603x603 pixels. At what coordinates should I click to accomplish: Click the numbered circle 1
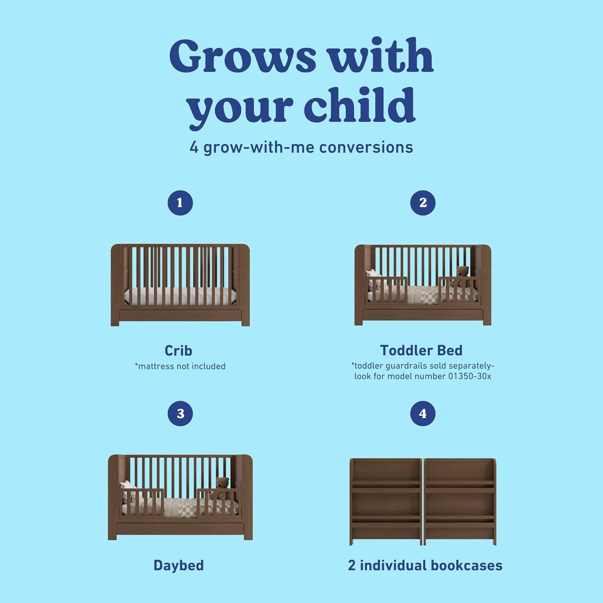pos(180,203)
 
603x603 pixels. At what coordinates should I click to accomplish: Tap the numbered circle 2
pos(423,203)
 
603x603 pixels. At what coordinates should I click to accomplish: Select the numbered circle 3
pos(180,414)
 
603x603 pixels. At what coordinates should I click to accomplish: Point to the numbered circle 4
pos(423,414)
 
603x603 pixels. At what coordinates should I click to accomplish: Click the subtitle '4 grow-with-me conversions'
pos(301,148)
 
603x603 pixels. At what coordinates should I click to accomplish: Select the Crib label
pos(178,351)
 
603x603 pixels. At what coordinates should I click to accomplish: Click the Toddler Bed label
pos(421,351)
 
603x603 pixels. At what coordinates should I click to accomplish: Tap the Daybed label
pos(178,565)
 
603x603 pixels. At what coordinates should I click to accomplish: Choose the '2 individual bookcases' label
pos(425,565)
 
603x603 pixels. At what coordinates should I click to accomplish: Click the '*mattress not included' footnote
pos(180,366)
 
